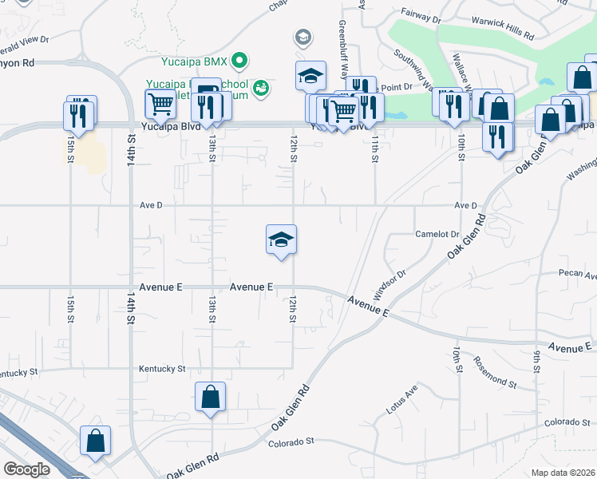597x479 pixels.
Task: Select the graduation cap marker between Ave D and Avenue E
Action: coord(280,239)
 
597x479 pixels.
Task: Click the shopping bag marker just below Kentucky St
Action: coord(211,397)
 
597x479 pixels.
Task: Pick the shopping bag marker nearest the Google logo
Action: coord(95,441)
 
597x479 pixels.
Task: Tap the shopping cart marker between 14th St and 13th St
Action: coord(160,104)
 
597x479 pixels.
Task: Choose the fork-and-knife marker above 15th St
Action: coord(79,113)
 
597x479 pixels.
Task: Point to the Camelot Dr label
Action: coord(437,234)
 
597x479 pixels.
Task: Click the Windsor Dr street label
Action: coord(390,283)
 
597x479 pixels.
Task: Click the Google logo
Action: coord(27,469)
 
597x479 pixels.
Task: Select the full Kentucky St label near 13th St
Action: coord(162,369)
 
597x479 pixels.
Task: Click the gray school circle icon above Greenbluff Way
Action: coord(303,37)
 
